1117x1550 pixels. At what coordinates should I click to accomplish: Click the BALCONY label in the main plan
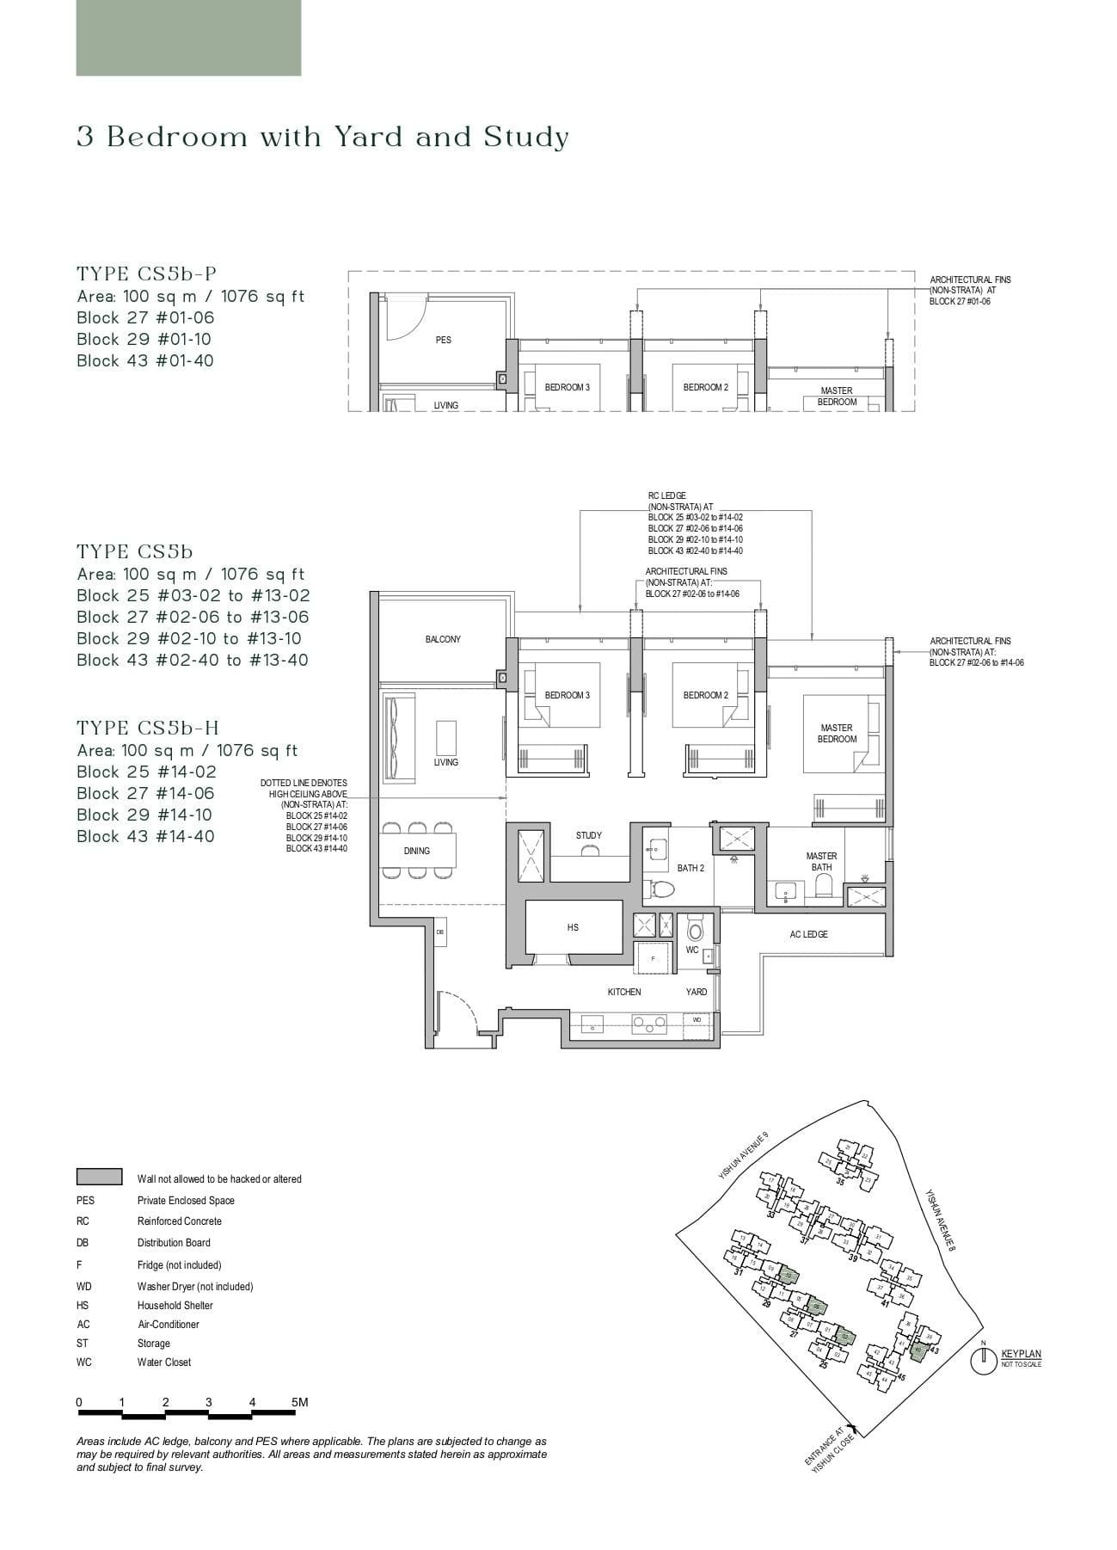(443, 639)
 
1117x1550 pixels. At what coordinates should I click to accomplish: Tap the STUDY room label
(589, 835)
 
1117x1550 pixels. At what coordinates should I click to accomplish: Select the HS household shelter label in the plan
(573, 927)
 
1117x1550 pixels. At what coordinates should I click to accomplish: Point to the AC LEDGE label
(808, 934)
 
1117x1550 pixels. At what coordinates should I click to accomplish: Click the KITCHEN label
(624, 992)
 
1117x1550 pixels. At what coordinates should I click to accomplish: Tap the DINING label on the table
(416, 851)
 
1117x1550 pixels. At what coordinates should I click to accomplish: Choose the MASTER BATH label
(821, 861)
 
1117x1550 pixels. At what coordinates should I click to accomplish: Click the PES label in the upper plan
(443, 340)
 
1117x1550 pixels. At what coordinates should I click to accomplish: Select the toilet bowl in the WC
(696, 930)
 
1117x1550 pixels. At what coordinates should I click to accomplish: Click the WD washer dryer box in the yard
(697, 1019)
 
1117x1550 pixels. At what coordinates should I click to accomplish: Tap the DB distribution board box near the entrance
(439, 932)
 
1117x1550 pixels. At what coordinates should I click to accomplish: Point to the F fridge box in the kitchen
(653, 957)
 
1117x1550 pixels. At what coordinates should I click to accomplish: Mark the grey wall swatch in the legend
(99, 1177)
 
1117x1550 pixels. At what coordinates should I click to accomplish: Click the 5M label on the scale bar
(299, 1401)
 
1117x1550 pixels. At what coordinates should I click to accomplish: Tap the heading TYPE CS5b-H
(148, 728)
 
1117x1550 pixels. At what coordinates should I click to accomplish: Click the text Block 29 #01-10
(144, 339)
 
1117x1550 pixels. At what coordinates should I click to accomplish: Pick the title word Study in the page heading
(526, 138)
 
